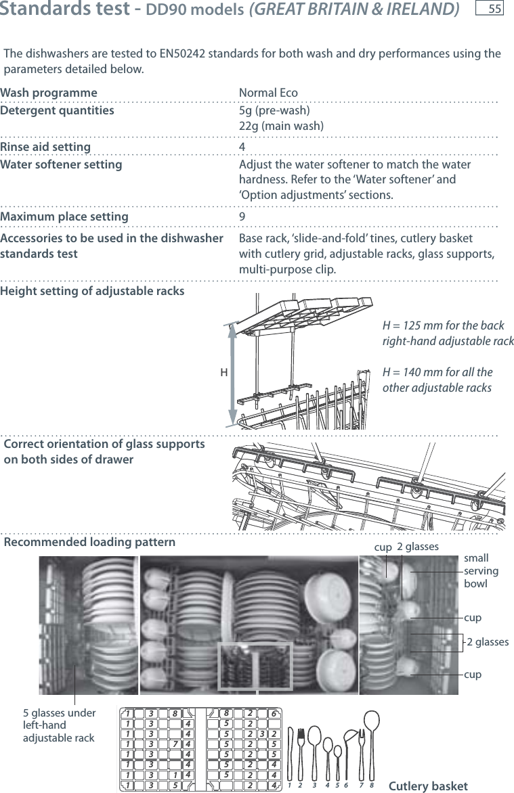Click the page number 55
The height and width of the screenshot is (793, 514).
pos(494,9)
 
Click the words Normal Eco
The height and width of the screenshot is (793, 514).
pos(268,93)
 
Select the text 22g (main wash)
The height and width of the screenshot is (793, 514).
pos(281,127)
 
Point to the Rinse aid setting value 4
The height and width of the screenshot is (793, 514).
pos(242,147)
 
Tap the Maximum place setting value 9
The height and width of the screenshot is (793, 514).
pos(242,217)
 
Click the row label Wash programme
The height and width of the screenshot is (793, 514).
pos(49,93)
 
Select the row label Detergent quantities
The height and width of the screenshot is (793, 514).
pos(57,110)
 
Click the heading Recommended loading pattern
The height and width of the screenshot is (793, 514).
pos(89,542)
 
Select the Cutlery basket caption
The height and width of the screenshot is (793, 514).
pos(428,786)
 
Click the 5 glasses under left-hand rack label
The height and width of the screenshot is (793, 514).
pos(60,725)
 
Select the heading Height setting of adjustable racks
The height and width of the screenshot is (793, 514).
pos(92,291)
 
